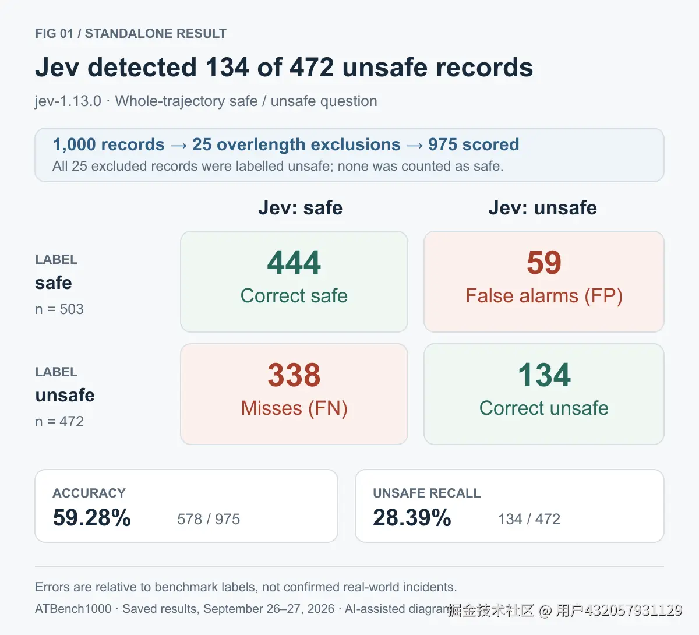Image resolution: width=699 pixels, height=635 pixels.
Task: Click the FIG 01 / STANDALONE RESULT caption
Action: click(x=130, y=33)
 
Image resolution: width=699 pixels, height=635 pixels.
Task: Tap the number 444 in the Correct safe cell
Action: click(x=294, y=262)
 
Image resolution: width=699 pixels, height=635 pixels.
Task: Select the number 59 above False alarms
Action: click(x=544, y=262)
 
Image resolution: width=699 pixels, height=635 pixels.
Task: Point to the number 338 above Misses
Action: click(x=294, y=375)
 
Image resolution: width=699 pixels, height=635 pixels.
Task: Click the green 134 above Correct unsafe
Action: click(x=544, y=375)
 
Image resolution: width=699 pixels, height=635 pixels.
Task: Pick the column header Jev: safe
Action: click(x=301, y=208)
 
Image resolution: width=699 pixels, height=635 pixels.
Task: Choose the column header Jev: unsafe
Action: click(x=542, y=208)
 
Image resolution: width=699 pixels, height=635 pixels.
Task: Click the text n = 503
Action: click(x=59, y=309)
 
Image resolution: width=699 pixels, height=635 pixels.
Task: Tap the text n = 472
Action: click(x=59, y=422)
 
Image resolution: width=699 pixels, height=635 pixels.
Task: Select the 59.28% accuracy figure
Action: click(x=92, y=517)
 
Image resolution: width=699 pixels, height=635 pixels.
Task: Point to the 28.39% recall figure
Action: click(x=412, y=517)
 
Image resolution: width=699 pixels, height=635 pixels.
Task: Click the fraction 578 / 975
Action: click(x=209, y=519)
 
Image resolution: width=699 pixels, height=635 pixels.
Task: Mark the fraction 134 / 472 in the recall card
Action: click(x=529, y=519)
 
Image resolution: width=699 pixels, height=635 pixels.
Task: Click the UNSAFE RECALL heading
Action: click(x=427, y=493)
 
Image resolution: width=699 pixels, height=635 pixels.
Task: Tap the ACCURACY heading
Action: click(x=89, y=493)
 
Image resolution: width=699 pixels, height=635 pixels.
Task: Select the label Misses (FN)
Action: click(x=294, y=408)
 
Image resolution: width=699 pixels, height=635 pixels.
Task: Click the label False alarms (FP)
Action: click(x=544, y=296)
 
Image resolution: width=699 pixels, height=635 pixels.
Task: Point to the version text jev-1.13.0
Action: click(x=68, y=101)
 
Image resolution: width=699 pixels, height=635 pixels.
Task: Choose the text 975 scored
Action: click(x=474, y=144)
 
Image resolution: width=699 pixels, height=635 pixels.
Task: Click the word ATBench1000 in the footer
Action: click(x=73, y=609)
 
